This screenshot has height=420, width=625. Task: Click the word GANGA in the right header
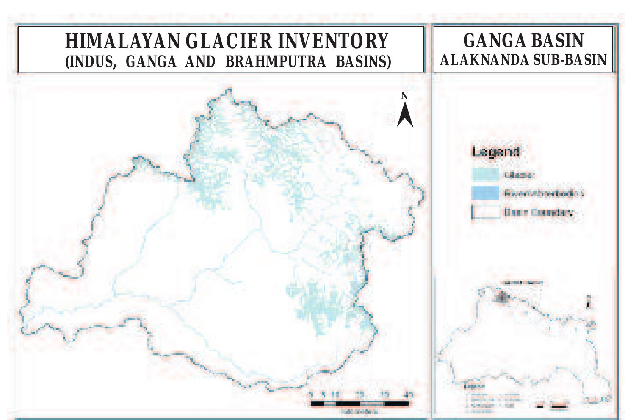tap(486, 41)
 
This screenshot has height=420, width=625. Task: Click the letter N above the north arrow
tap(404, 96)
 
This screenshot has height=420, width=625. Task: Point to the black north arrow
tap(405, 115)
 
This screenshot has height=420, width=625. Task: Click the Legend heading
tap(495, 151)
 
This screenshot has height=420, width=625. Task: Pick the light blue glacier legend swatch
tap(485, 175)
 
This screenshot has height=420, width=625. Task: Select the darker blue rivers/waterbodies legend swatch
tap(485, 193)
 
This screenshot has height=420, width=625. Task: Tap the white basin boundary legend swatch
tap(485, 212)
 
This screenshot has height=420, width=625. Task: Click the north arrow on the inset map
tap(589, 302)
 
